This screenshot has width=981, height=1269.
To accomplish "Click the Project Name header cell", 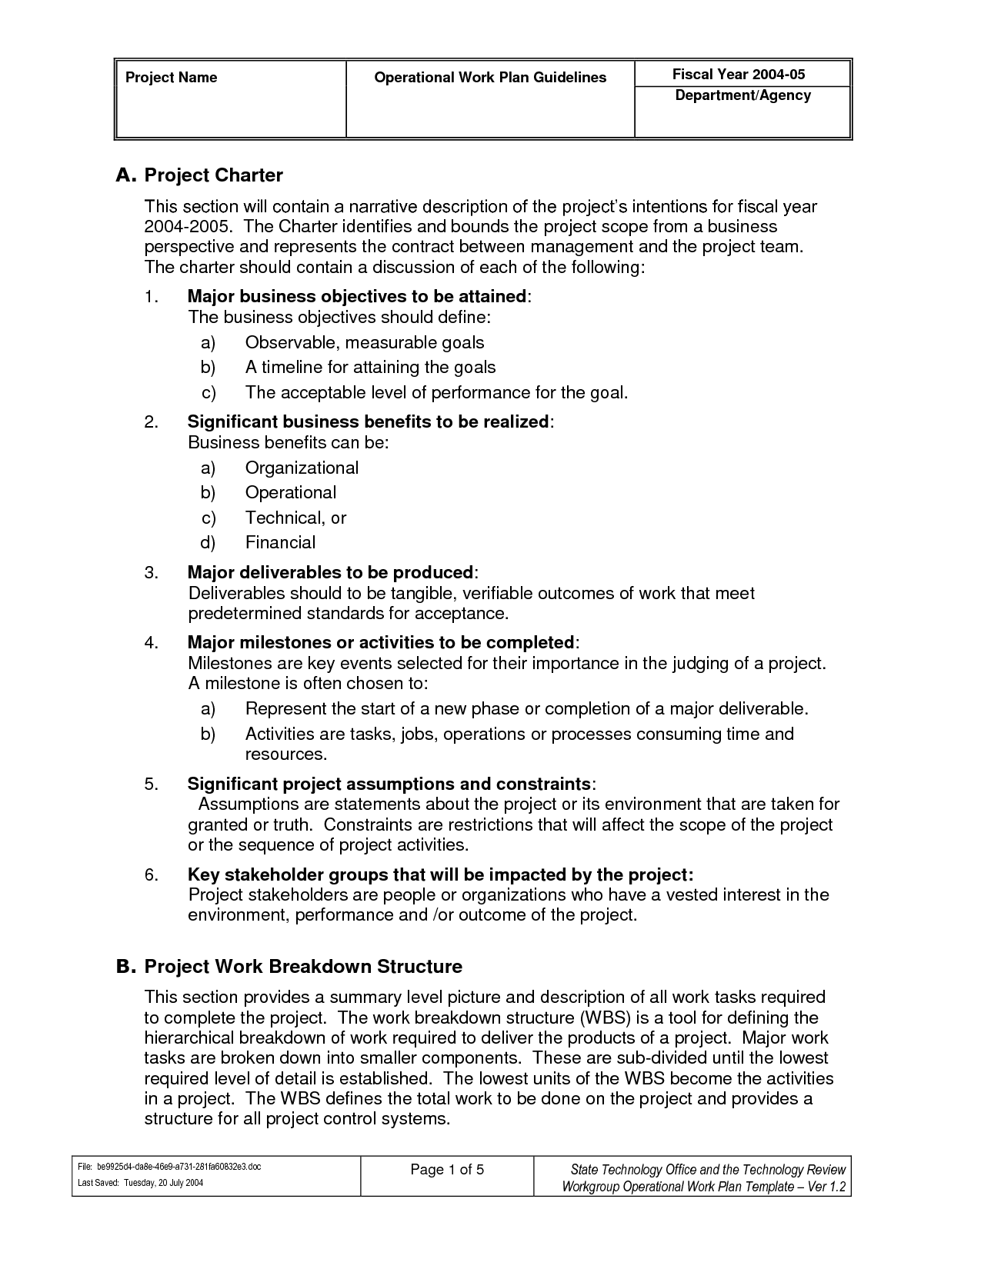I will tap(172, 78).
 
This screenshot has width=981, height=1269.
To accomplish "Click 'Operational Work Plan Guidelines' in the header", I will tap(490, 78).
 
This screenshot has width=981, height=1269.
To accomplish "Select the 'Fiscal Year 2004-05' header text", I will tap(739, 75).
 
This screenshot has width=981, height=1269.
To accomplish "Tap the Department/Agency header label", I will tap(742, 95).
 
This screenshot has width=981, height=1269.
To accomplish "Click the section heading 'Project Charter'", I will tap(214, 175).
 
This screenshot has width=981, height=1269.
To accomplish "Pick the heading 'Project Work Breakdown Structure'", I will tap(303, 967).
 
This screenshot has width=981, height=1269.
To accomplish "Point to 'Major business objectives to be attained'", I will tap(357, 297).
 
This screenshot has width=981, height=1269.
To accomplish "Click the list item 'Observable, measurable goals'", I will tap(365, 343).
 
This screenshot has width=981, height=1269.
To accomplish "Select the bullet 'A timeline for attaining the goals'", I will tap(370, 368).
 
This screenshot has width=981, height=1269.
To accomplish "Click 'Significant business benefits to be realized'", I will tap(368, 422).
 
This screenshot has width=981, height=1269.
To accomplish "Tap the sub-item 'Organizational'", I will tap(302, 468).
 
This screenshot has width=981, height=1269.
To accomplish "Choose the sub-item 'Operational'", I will tap(291, 493).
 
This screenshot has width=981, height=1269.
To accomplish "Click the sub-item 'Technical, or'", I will tap(295, 518).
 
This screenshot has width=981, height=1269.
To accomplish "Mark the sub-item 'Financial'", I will tap(280, 543).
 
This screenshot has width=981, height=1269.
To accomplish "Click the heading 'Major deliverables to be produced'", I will tap(330, 573).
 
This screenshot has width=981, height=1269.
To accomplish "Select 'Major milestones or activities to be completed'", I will tap(381, 642).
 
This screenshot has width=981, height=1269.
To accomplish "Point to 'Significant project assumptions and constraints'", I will tap(389, 784).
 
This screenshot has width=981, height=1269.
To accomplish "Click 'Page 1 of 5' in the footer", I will tap(447, 1171).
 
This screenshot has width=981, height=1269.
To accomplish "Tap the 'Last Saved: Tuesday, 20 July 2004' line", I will tap(141, 1183).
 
